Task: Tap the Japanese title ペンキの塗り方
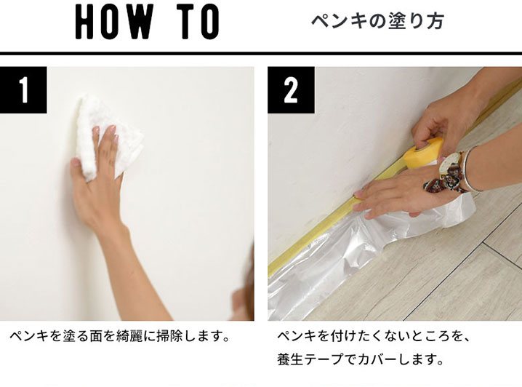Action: [377, 21]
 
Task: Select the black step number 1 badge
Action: [23, 90]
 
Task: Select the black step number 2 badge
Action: [291, 90]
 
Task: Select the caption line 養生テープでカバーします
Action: [359, 360]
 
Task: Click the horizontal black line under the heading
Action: [261, 53]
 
